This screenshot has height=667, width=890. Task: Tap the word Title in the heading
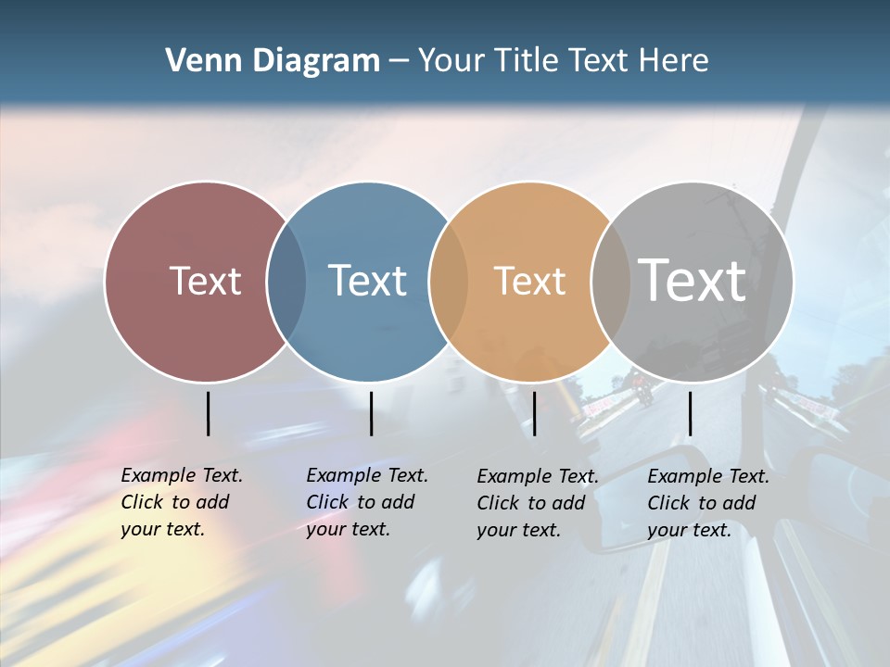527,61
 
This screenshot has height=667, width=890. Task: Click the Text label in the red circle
205,281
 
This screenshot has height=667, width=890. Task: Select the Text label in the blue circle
367,281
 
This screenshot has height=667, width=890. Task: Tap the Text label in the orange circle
529,281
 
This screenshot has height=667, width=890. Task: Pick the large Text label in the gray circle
693,280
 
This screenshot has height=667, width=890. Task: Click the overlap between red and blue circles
286,282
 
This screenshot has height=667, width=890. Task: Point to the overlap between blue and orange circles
449,282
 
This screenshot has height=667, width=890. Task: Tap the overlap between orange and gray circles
610,282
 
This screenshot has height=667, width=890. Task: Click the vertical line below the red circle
208,413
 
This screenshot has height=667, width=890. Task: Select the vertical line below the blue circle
371,413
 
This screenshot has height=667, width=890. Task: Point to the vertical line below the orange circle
534,413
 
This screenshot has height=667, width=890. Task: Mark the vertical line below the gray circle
690,413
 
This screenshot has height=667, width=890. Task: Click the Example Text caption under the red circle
182,502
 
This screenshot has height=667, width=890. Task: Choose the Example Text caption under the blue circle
367,502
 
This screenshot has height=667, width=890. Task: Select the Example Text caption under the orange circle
538,503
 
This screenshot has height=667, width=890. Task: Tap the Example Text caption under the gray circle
708,503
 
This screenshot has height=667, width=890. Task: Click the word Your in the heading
452,61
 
